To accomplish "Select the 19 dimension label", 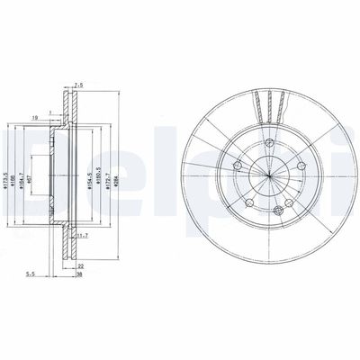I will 33,116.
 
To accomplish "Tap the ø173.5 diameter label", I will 6,170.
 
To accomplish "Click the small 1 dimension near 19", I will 51,112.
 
